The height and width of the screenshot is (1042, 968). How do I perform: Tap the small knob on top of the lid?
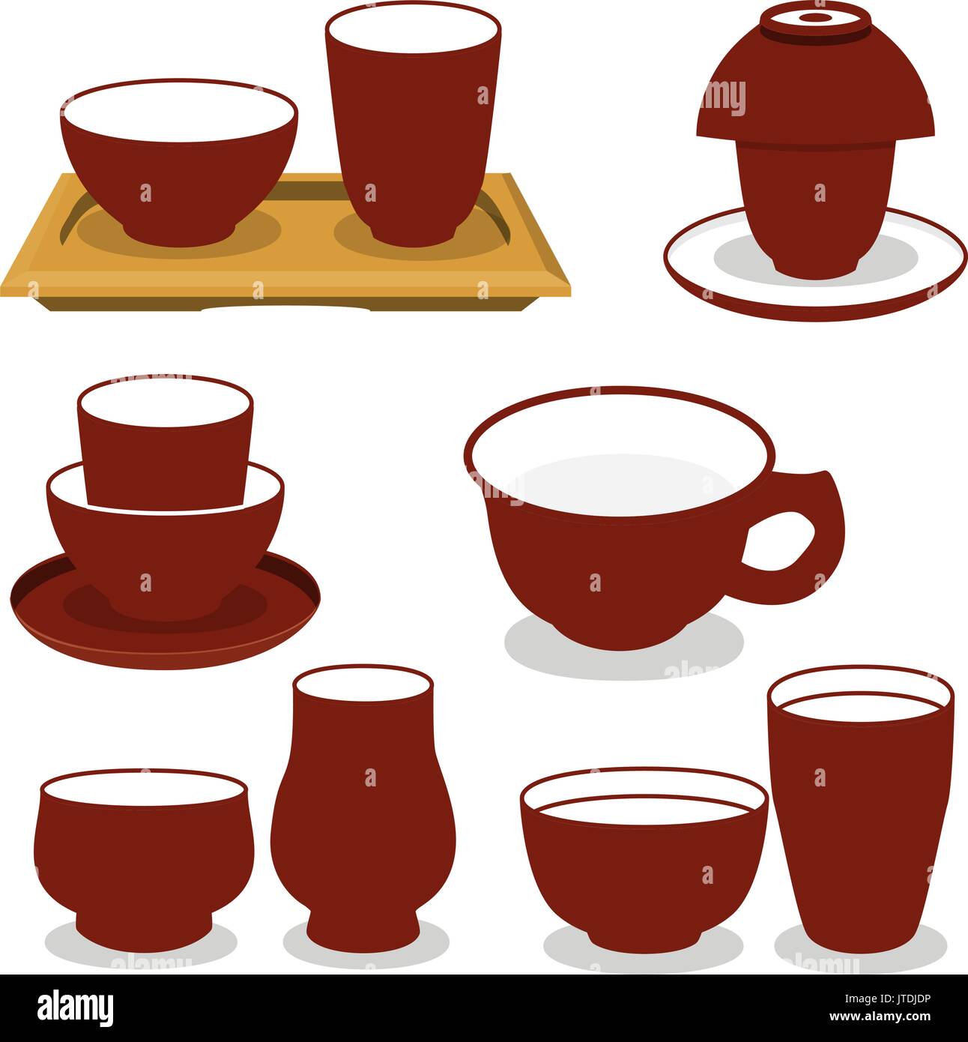coord(815,17)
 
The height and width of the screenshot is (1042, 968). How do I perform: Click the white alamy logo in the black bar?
coord(75,1008)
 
